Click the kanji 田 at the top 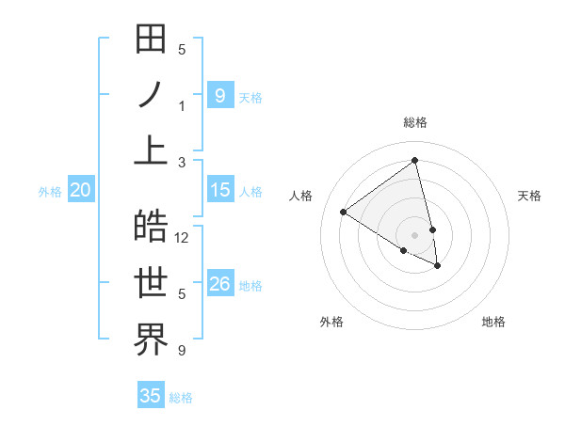tap(151, 39)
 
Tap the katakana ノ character tap(151, 95)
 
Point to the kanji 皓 tap(151, 227)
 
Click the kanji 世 tap(151, 283)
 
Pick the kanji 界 tap(151, 339)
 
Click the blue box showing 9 tap(219, 95)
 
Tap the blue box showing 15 tap(219, 190)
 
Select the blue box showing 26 tap(219, 284)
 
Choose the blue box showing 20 tap(80, 190)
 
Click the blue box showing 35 tap(151, 396)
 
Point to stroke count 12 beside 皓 tap(182, 237)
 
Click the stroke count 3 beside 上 tap(182, 162)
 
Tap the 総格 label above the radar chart tap(415, 122)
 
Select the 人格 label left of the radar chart tap(300, 196)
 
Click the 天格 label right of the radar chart tap(529, 196)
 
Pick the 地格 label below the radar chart tap(493, 322)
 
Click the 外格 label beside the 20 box tap(50, 191)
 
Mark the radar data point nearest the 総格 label tap(415, 161)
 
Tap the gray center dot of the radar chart tap(415, 234)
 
